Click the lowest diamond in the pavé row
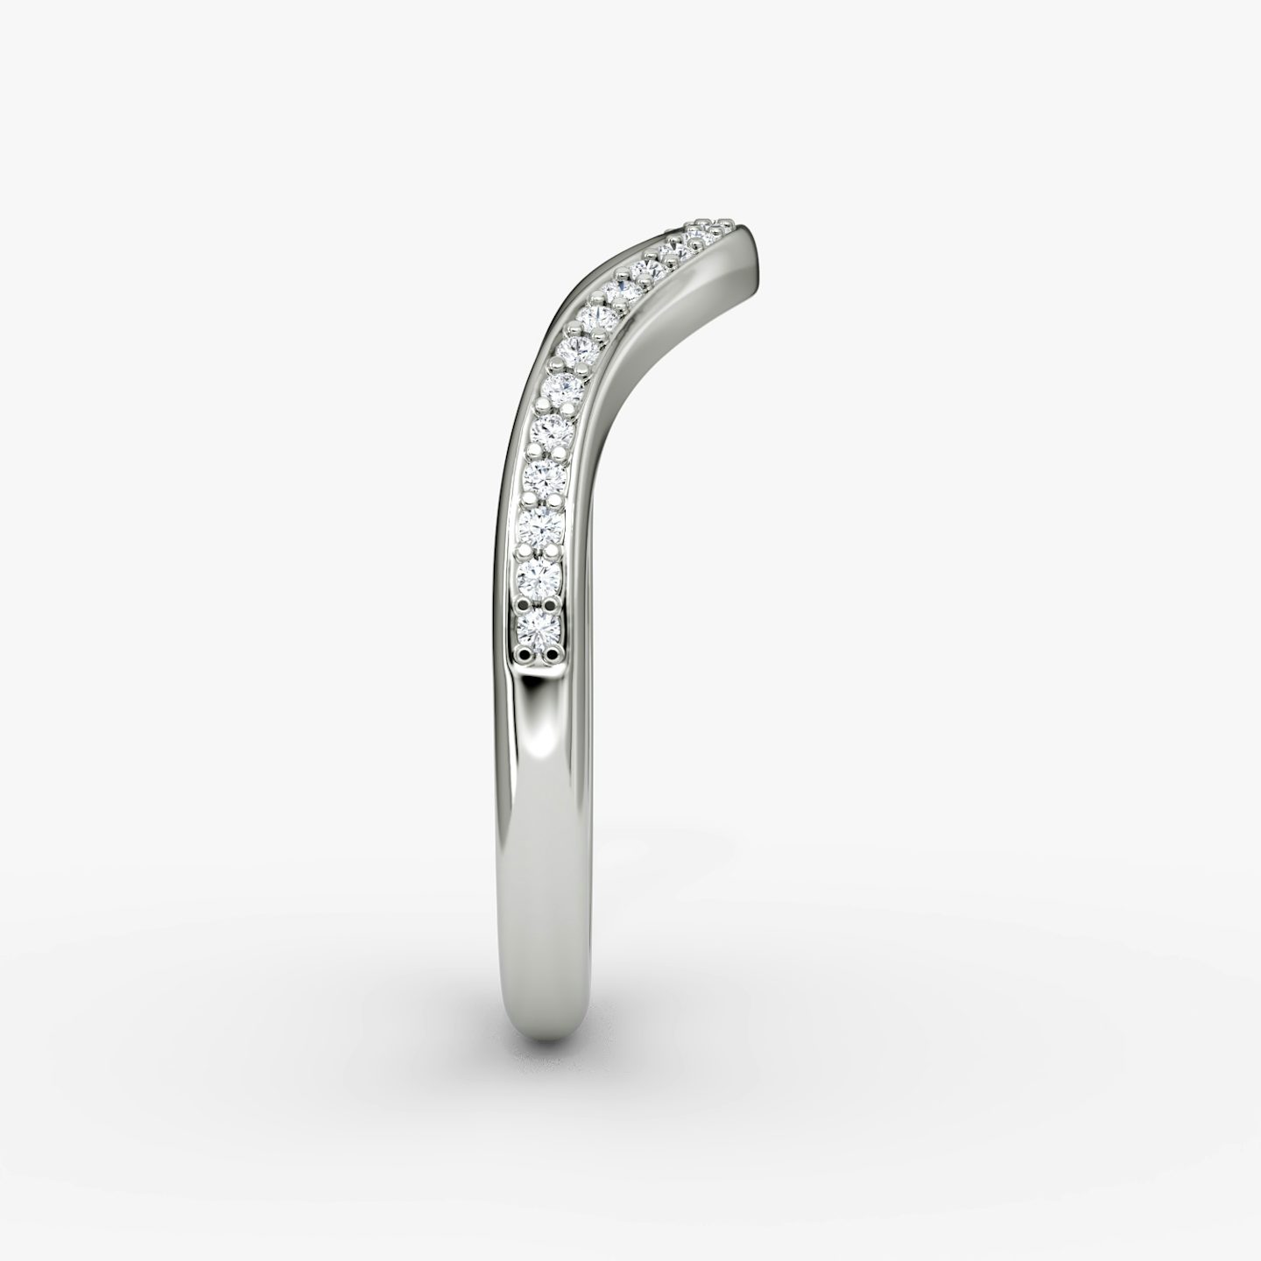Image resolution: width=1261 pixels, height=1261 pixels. pos(539,627)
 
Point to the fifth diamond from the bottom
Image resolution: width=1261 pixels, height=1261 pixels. pos(553,428)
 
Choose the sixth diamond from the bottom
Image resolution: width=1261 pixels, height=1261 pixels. pos(562,386)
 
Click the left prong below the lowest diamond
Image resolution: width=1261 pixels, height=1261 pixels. pos(525,652)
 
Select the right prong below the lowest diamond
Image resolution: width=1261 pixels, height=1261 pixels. pos(552,652)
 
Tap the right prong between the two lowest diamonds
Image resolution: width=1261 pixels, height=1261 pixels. pos(553,603)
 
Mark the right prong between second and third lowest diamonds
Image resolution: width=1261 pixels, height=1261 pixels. pos(555,553)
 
